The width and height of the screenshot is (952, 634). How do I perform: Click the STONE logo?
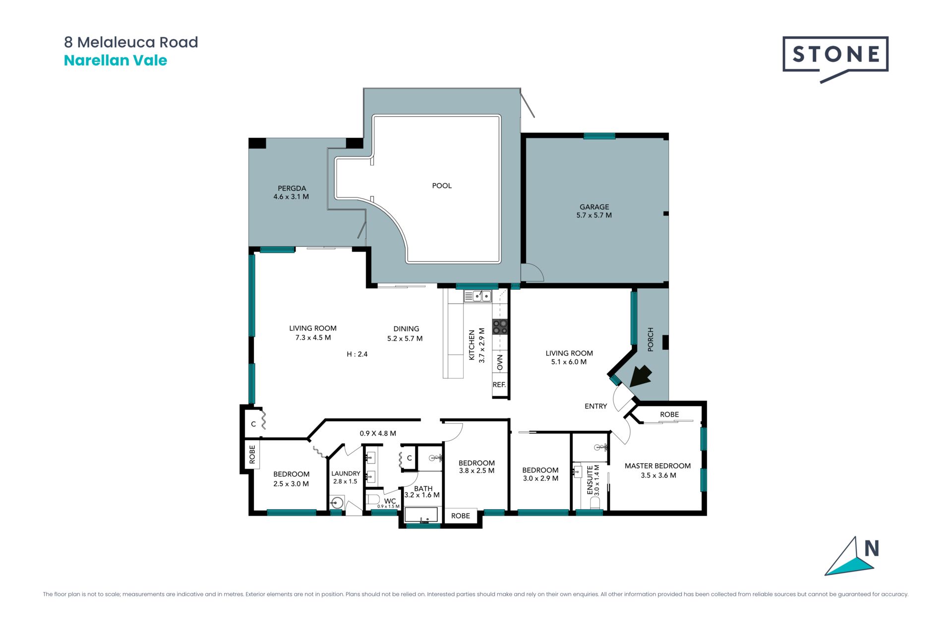tap(835, 58)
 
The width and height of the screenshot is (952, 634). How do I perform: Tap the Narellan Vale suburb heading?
tap(116, 60)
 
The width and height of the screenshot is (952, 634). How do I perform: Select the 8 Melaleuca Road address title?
tap(131, 42)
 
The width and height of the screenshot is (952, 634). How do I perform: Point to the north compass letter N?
tap(872, 548)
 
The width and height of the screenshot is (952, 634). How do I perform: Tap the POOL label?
tap(442, 186)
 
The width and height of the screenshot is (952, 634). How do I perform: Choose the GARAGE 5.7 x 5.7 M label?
tap(594, 211)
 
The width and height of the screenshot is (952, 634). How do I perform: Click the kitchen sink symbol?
tap(477, 296)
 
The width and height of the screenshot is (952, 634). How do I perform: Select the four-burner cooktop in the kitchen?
tap(500, 326)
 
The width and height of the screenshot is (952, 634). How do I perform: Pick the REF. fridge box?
tap(499, 385)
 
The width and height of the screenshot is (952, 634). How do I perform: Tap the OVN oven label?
tap(500, 362)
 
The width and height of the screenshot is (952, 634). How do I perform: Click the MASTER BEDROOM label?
tap(657, 466)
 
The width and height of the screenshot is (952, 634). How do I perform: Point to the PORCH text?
tap(651, 339)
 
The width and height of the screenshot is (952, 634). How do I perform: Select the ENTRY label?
tap(595, 406)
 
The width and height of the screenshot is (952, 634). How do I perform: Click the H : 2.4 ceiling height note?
tap(357, 354)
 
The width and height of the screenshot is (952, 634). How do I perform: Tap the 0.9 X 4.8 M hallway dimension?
tap(378, 433)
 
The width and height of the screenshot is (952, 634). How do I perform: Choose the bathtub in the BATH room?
tap(422, 515)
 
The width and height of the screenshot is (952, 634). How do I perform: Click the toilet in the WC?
tap(373, 499)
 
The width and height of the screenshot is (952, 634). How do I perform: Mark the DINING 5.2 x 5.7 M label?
tap(405, 334)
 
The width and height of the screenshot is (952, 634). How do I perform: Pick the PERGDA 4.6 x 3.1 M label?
tap(292, 193)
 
